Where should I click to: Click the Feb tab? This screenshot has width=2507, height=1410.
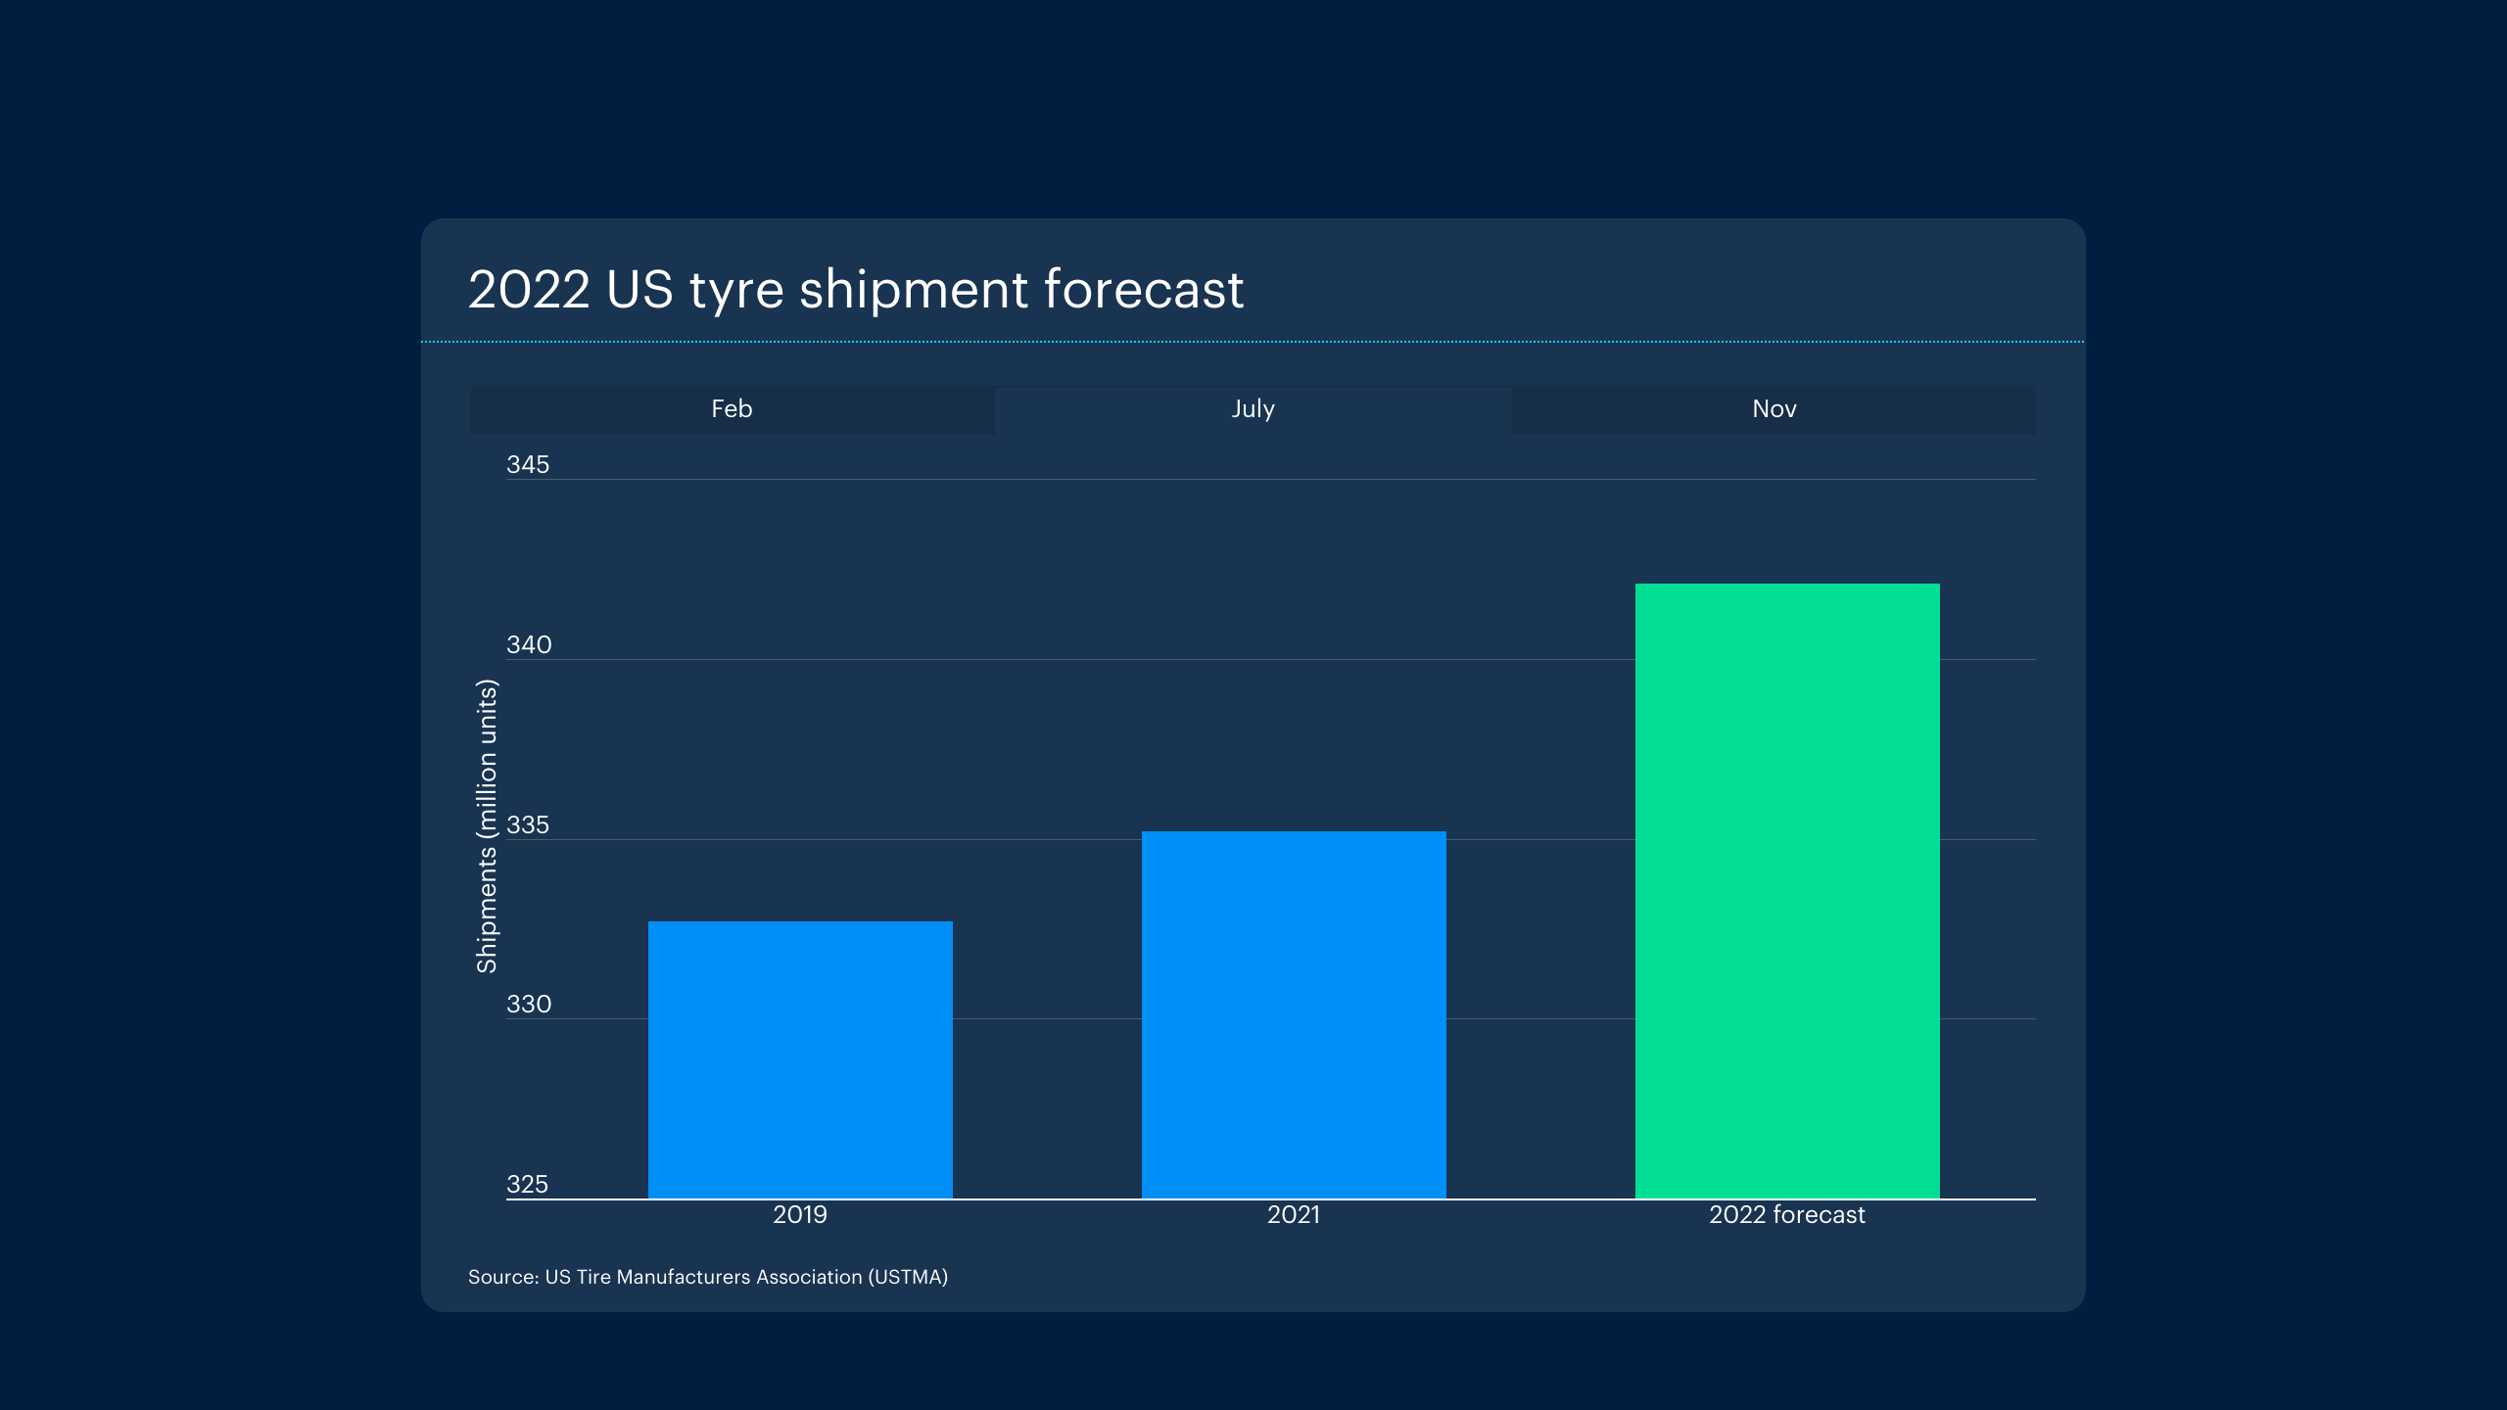[732, 409]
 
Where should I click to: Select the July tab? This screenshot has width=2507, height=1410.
[1253, 409]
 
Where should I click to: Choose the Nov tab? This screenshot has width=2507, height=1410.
[1774, 409]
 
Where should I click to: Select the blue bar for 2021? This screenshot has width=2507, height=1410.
[1294, 1014]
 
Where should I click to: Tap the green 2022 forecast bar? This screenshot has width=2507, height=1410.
[1787, 891]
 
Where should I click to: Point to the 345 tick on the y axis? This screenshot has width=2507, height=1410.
[528, 465]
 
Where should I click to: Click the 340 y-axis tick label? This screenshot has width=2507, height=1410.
[529, 645]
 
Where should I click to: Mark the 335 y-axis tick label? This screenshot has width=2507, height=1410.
[528, 825]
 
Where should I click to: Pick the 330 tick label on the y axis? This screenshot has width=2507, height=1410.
[529, 1005]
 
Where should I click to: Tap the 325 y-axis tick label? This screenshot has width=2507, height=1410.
[527, 1185]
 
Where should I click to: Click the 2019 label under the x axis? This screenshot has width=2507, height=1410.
[800, 1215]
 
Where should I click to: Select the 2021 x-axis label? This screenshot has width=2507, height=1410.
[1294, 1215]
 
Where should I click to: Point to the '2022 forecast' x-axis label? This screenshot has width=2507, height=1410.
[1787, 1215]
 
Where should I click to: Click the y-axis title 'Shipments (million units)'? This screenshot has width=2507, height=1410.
[487, 826]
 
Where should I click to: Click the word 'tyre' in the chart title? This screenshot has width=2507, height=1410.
[736, 291]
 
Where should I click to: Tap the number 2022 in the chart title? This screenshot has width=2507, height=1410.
[529, 291]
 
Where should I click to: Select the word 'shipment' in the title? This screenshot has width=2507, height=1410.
[914, 291]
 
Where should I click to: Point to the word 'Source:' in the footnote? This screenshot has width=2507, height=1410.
[503, 1277]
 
